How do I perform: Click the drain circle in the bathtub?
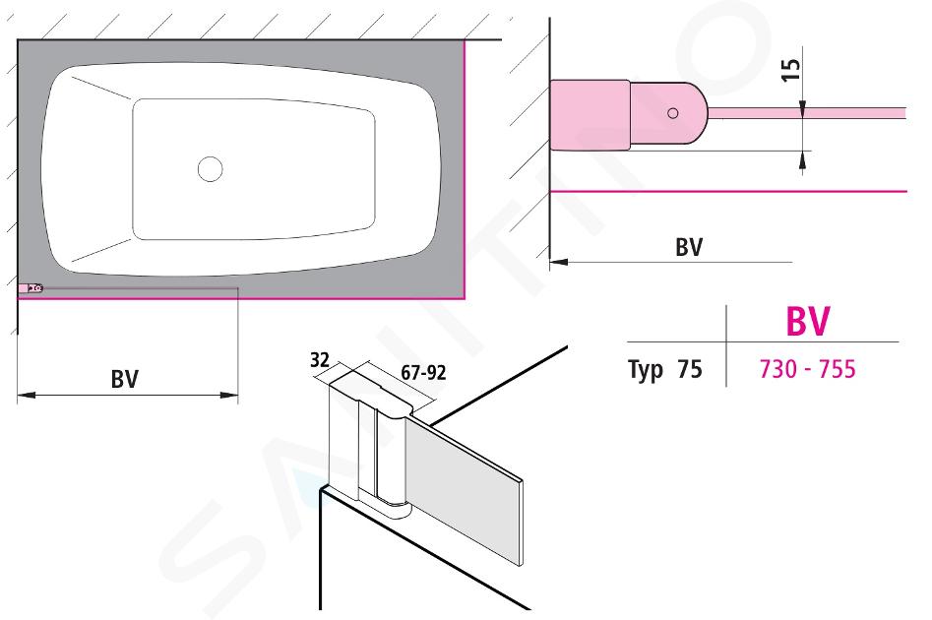pos(211,169)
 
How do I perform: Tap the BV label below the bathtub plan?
pos(125,379)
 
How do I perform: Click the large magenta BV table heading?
pos(807,321)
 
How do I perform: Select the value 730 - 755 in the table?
pos(807,369)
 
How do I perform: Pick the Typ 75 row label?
pos(665,369)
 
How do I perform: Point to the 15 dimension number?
pos(791,70)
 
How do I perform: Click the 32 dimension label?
pos(319,359)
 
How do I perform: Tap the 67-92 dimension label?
pos(423,373)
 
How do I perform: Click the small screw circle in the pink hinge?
pos(673,113)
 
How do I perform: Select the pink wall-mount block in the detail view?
pos(590,115)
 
